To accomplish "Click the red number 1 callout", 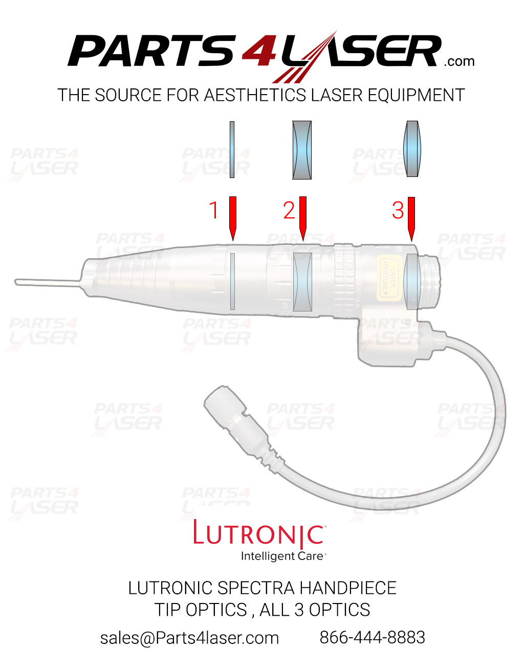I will (214, 211).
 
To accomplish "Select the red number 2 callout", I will (289, 211).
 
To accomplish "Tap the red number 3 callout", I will (398, 211).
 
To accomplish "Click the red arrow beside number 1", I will (232, 217).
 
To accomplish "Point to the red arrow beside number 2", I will (302, 217).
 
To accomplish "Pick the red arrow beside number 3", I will (411, 218).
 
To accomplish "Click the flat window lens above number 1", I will (232, 149).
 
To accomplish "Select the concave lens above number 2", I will (302, 150).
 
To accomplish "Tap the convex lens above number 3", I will (412, 149).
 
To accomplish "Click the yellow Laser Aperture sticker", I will (389, 277).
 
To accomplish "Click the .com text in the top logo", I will (459, 62).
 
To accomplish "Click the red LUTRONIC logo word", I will (258, 534).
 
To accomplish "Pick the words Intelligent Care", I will (282, 556).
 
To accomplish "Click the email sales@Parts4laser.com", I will (189, 638).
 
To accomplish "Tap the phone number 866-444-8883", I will (372, 637).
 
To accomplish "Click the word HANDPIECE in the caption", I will (347, 588).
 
